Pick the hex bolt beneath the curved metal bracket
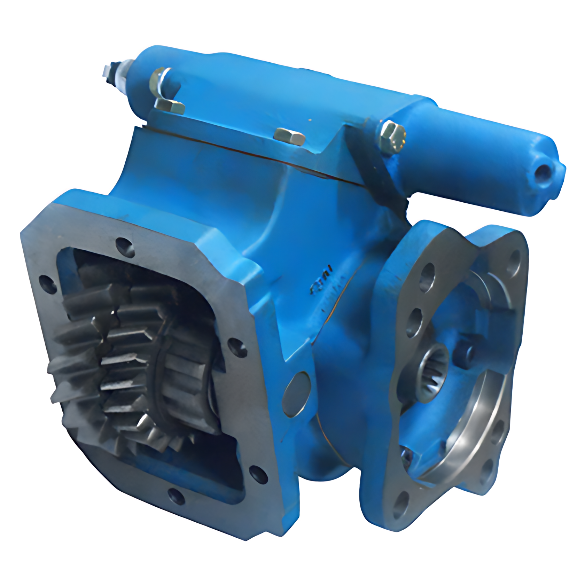pos(170,106)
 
